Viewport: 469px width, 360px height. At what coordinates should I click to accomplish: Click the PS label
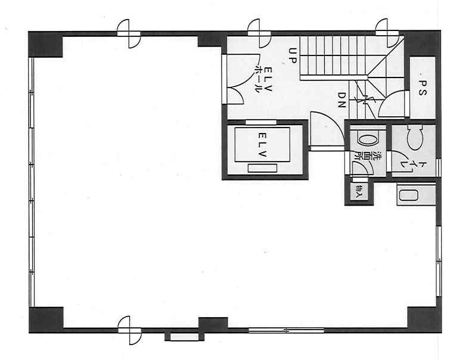(422, 88)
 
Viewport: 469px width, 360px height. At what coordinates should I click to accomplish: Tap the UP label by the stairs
(293, 55)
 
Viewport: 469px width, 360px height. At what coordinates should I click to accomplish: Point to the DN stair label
(341, 100)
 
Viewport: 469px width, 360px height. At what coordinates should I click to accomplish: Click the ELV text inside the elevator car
(262, 145)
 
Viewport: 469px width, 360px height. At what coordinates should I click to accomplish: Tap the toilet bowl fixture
(415, 137)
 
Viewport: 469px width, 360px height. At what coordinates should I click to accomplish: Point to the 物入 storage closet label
(359, 191)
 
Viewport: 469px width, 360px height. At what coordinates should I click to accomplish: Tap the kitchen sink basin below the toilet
(408, 195)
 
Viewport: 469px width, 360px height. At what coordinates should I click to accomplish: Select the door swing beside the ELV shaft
(325, 129)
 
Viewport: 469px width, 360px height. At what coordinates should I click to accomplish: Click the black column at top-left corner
(45, 44)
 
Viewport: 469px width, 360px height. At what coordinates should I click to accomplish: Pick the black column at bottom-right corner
(424, 319)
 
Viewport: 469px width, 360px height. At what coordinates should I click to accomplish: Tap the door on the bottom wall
(129, 330)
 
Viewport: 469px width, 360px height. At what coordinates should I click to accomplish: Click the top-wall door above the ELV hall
(259, 33)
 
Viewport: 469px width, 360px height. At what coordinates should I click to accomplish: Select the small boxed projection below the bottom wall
(184, 336)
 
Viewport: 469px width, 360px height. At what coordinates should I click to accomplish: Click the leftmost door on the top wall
(129, 33)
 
